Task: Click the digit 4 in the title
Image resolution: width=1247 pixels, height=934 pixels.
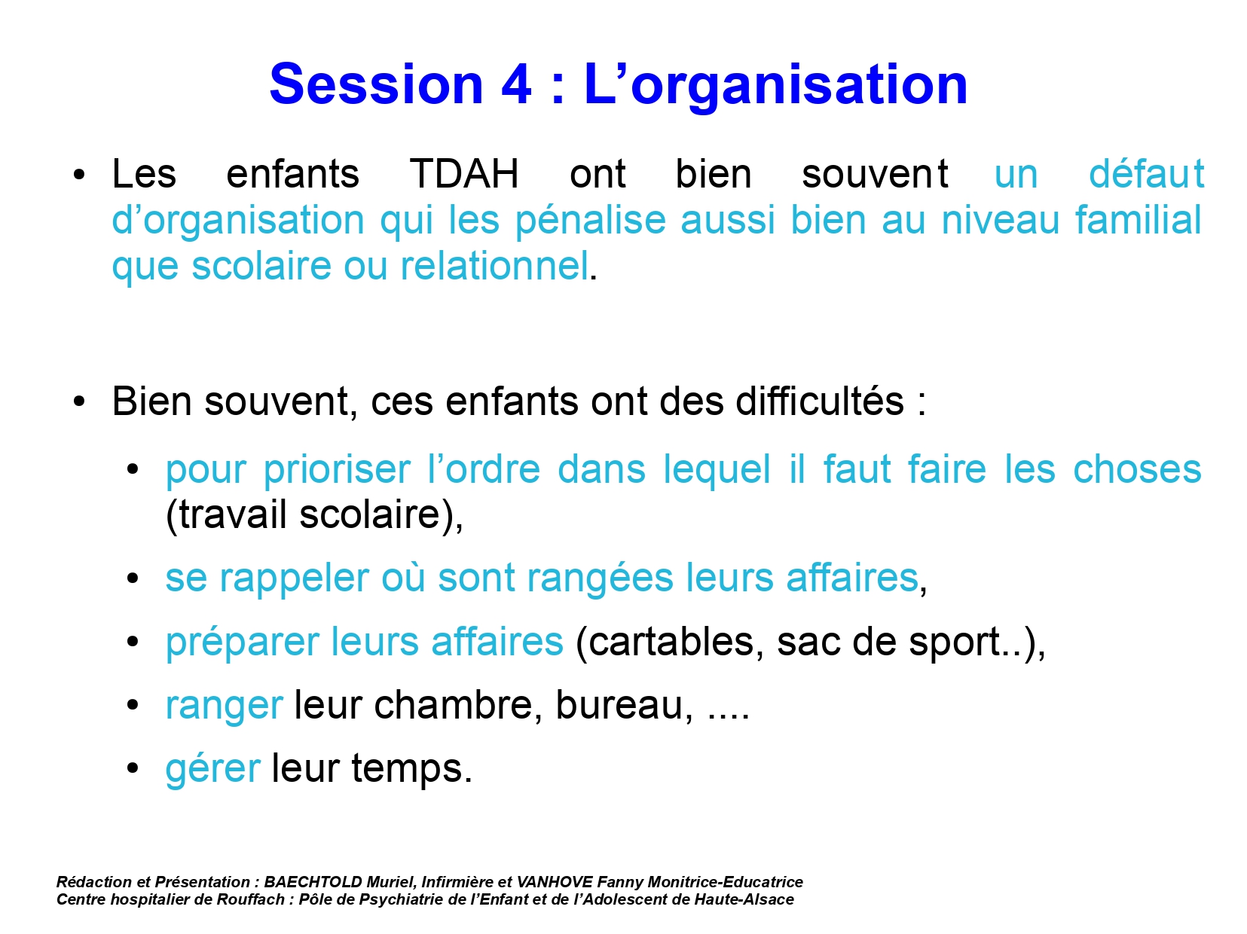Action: [x=516, y=84]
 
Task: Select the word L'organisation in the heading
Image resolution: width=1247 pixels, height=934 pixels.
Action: [x=776, y=87]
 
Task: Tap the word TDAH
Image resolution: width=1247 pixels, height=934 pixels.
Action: [x=464, y=173]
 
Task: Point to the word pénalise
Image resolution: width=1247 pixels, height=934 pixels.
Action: [x=590, y=220]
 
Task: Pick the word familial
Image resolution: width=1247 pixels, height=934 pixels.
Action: [x=1138, y=219]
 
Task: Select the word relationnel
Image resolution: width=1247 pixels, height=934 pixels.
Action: [x=494, y=265]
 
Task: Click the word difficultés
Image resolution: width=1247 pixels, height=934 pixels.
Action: [x=819, y=401]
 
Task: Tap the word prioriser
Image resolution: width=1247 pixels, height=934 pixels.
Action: [x=336, y=469]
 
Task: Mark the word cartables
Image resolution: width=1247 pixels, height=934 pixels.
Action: [x=669, y=642]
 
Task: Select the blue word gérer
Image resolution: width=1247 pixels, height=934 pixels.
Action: [x=213, y=768]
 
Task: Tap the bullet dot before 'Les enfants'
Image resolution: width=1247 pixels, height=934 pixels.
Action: [x=79, y=175]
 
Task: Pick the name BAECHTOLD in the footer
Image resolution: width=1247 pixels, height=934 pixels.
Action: [x=313, y=882]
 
